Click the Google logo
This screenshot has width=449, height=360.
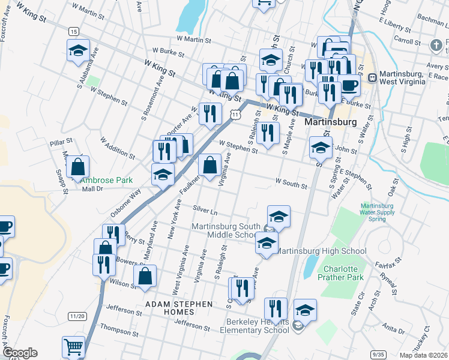click(x=19, y=353)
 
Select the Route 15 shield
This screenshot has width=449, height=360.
click(x=73, y=31)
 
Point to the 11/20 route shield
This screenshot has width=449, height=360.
click(x=76, y=316)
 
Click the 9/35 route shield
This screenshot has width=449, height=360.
click(x=378, y=354)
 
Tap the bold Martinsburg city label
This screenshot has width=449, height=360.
click(x=330, y=122)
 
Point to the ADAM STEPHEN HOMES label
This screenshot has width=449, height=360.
click(x=179, y=304)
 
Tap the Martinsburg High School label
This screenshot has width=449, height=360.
click(x=322, y=251)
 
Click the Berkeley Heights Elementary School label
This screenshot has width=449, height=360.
click(x=258, y=326)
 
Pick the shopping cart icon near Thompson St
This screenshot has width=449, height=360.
click(x=73, y=346)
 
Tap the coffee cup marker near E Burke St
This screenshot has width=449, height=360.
click(x=349, y=85)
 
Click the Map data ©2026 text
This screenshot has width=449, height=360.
click(x=423, y=355)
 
